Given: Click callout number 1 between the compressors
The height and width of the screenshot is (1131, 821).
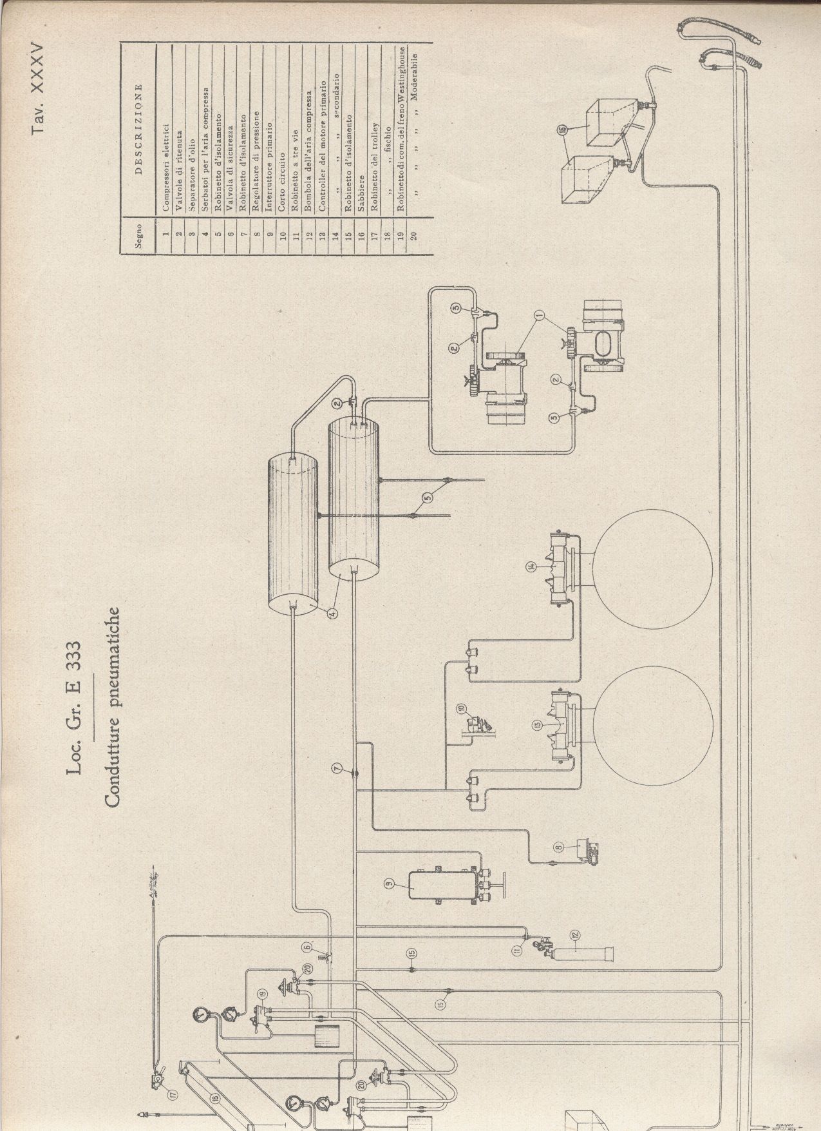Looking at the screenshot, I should point(539,316).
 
